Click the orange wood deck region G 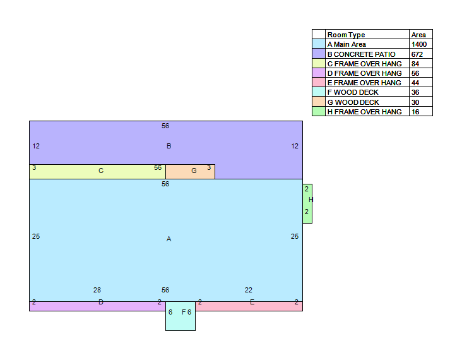click(x=191, y=172)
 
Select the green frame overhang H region click(x=307, y=204)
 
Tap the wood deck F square click(x=181, y=316)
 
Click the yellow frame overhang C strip click(x=97, y=172)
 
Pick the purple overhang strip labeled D click(x=97, y=306)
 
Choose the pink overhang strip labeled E click(x=249, y=306)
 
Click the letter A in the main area click(x=169, y=239)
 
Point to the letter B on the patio click(x=169, y=146)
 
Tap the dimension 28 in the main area click(x=97, y=290)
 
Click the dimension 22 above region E click(x=249, y=290)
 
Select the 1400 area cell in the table click(x=419, y=44)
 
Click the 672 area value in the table click(x=417, y=54)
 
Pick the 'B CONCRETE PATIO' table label click(x=361, y=54)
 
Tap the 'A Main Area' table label click(x=346, y=44)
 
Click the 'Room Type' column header click(x=346, y=35)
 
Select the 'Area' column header click(x=418, y=35)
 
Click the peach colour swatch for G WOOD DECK click(x=319, y=102)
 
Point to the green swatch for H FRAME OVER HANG click(x=319, y=111)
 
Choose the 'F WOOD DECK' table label click(x=353, y=92)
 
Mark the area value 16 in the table click(x=415, y=112)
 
